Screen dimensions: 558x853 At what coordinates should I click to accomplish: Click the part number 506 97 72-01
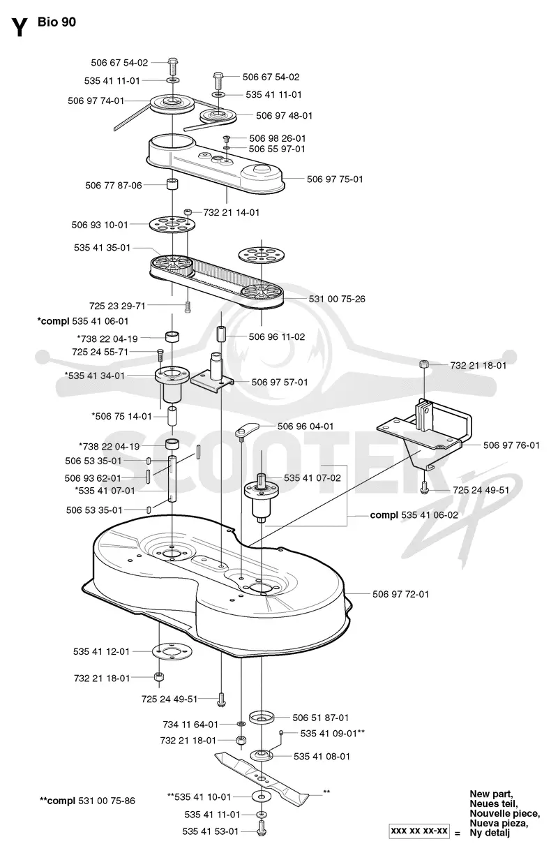pos(400,594)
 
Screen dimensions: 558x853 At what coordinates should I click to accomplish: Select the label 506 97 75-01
pos(335,179)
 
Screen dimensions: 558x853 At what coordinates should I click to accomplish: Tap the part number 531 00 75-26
pos(337,299)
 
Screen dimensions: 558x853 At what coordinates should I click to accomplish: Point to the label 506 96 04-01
pos(306,426)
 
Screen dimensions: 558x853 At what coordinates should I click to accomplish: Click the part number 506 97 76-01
pos(511,445)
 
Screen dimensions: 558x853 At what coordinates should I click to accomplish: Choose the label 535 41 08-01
pos(322,756)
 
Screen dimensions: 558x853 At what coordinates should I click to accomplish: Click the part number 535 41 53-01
pos(210,842)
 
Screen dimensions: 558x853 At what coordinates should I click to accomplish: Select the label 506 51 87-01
pos(320,718)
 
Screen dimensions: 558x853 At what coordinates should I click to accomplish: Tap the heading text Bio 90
pos(56,22)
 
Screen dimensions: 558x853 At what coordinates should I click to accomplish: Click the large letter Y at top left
pos(20,27)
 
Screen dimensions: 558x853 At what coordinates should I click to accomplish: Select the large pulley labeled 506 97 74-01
pos(172,103)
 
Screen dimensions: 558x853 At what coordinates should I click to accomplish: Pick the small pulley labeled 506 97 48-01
pos(218,115)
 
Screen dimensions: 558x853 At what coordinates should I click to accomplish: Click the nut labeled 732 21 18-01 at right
pos(424,364)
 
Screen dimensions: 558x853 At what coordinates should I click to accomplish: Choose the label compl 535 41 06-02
pos(414,515)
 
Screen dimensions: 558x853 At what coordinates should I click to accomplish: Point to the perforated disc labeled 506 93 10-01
pos(172,225)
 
